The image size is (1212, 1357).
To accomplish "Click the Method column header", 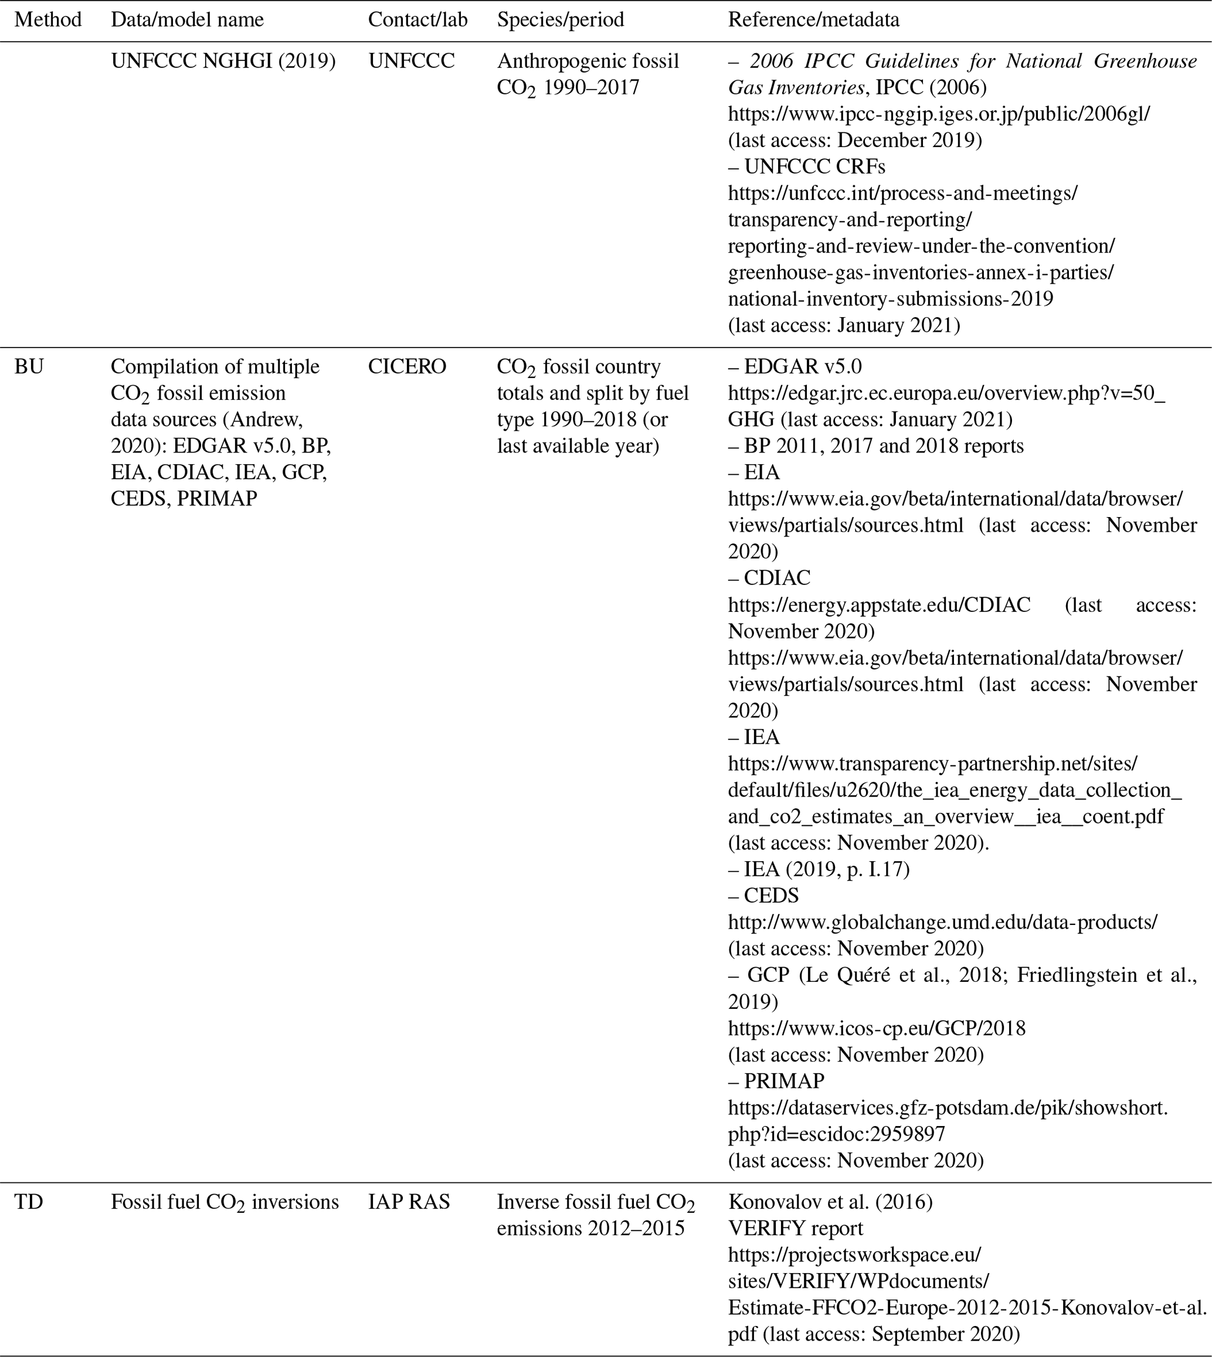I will pyautogui.click(x=48, y=20).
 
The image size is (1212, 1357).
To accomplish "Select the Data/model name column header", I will pyautogui.click(x=187, y=20).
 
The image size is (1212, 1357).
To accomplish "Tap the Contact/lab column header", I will pyautogui.click(x=417, y=20).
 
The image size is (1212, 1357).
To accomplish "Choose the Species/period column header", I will pyautogui.click(x=560, y=20).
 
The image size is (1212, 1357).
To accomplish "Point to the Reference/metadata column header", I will pyautogui.click(x=813, y=20).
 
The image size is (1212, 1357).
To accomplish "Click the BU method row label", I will pyautogui.click(x=29, y=367).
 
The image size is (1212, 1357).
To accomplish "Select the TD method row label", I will pyautogui.click(x=29, y=1202).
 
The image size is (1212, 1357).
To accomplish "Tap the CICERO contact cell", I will pyautogui.click(x=407, y=367).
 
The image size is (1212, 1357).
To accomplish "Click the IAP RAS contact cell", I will pyautogui.click(x=409, y=1202).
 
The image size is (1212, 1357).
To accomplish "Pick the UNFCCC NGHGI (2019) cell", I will pyautogui.click(x=223, y=62).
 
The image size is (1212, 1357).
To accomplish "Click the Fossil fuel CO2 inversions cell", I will pyautogui.click(x=225, y=1202).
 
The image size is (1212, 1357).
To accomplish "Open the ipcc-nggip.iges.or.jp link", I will pyautogui.click(x=939, y=114).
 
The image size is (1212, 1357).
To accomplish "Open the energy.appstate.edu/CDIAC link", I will pyautogui.click(x=879, y=604).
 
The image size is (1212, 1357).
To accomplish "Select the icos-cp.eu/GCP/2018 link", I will pyautogui.click(x=877, y=1028).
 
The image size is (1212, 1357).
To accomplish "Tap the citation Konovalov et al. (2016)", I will pyautogui.click(x=830, y=1202).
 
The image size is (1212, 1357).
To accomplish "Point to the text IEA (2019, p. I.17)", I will pyautogui.click(x=826, y=869).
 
